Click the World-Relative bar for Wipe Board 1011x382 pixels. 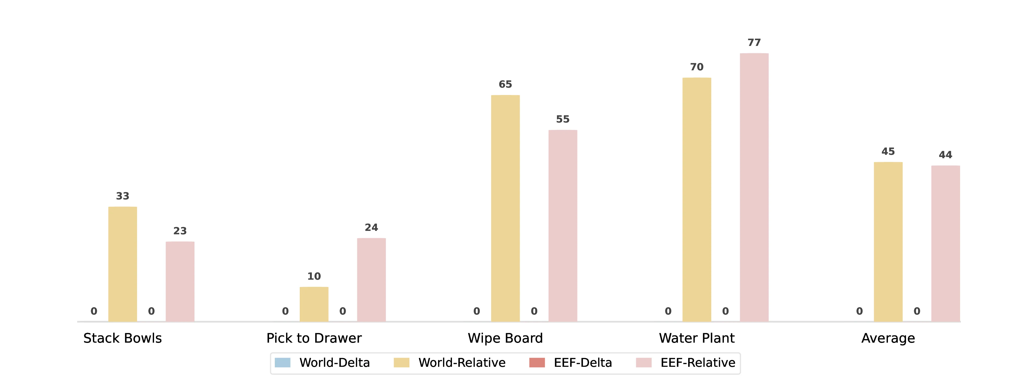coord(505,208)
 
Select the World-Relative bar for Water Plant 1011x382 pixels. coord(697,200)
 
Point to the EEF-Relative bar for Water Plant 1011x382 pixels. coord(754,188)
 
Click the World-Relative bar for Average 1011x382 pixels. coord(888,242)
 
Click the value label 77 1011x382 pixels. coord(754,42)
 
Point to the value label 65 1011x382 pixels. coord(505,84)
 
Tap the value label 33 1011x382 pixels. coord(123,196)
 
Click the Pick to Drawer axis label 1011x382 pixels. coord(314,338)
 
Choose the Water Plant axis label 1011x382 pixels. coord(697,338)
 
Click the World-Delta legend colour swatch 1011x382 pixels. coord(283,362)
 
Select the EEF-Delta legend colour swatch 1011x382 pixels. coord(537,362)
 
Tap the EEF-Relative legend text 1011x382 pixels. coord(698,362)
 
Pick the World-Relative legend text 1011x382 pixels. coord(462,362)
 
